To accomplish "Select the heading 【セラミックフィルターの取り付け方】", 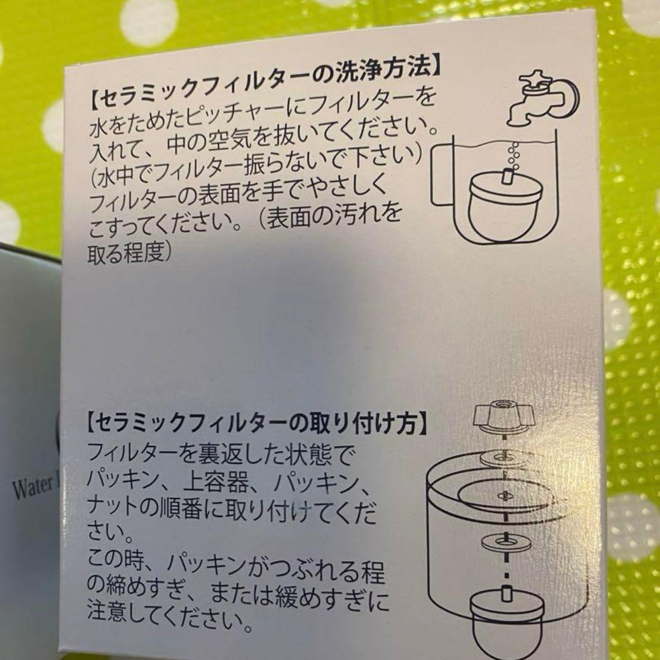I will click(256, 421).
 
